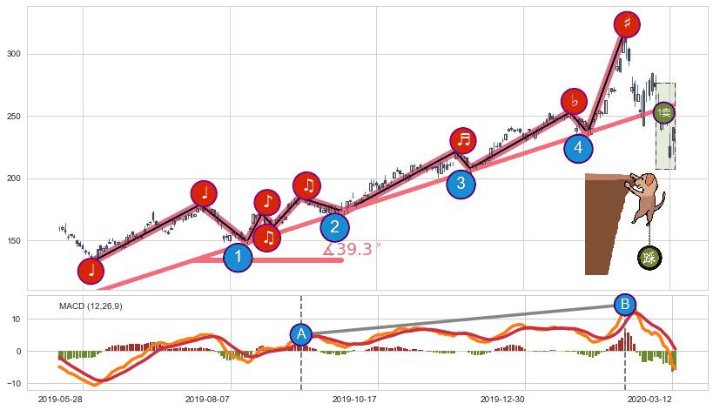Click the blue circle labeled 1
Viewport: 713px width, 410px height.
click(x=238, y=257)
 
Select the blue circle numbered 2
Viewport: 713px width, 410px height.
click(x=335, y=227)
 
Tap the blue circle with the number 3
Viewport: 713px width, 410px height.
click(x=461, y=184)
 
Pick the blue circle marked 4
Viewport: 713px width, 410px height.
click(x=578, y=148)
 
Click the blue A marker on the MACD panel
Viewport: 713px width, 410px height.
click(x=301, y=334)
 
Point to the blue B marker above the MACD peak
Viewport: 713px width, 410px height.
click(x=624, y=305)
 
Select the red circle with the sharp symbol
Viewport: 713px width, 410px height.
click(x=626, y=24)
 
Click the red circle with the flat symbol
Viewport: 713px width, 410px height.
click(x=574, y=101)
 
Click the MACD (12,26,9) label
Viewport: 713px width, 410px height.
click(x=91, y=306)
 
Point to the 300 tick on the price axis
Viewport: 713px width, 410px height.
click(x=13, y=54)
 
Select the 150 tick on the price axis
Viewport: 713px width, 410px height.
click(x=13, y=241)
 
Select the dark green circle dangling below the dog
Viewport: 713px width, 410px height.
click(x=649, y=257)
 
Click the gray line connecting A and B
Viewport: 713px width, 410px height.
click(x=461, y=319)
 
